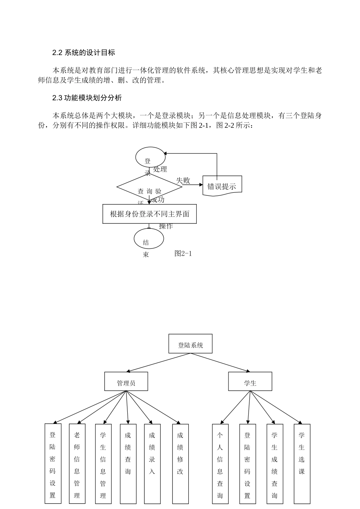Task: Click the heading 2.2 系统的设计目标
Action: [x=83, y=53]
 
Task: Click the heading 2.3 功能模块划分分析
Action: [x=87, y=98]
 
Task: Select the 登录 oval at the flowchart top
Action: [x=150, y=157]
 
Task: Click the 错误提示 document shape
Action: [x=222, y=186]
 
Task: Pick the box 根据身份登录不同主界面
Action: [x=150, y=214]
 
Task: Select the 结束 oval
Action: [x=149, y=239]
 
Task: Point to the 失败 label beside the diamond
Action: [x=183, y=181]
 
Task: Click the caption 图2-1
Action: [x=183, y=254]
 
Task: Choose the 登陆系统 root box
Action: [x=190, y=344]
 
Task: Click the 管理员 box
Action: [x=126, y=381]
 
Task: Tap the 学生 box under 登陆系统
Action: [x=250, y=381]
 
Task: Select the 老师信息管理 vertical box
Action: [x=77, y=464]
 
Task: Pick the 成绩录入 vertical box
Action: [x=152, y=464]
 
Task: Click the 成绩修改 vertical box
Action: [x=180, y=464]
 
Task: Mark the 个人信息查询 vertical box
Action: [x=220, y=464]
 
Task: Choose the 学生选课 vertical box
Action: [x=302, y=464]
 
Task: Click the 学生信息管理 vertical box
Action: [x=103, y=464]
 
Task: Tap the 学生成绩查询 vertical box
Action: [x=274, y=464]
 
